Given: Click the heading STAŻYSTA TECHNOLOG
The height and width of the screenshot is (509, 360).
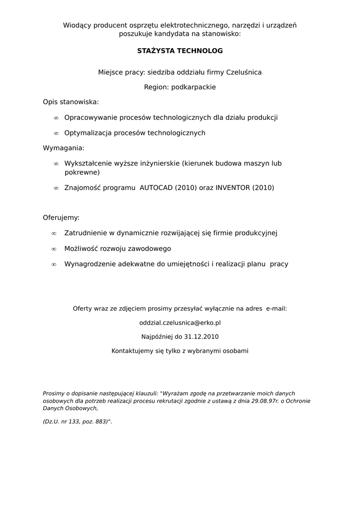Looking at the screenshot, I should [180, 51].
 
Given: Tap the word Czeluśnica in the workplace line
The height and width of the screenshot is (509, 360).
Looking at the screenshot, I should [244, 73].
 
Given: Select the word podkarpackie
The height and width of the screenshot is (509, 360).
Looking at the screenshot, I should [193, 87].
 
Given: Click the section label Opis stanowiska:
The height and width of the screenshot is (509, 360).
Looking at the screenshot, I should [71, 102].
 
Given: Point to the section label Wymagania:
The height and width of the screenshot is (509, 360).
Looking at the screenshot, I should [64, 148].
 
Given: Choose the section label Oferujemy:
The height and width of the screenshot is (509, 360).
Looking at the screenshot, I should [61, 218].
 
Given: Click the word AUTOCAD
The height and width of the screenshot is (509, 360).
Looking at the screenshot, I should [156, 188].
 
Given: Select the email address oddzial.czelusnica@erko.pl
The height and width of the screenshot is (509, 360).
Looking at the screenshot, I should [180, 323].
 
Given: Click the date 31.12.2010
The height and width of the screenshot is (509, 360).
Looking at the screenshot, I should [201, 337].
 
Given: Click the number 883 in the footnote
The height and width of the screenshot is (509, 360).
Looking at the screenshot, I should [99, 422].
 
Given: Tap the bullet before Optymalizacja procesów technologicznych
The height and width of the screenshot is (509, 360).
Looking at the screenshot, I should [56, 133].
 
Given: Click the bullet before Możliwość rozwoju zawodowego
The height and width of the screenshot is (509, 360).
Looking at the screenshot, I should [54, 249].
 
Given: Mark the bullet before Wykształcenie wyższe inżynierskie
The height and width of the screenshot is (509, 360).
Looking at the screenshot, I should [56, 164].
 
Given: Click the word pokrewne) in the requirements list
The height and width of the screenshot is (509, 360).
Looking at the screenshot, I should [82, 172].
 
